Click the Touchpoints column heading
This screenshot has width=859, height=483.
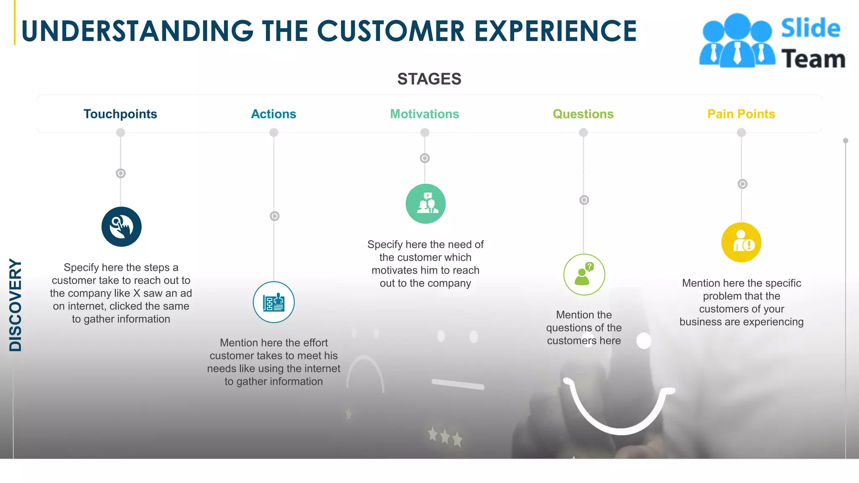pos(120,114)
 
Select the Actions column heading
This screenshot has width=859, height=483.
pos(273,114)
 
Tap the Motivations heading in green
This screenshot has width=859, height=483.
pos(424,114)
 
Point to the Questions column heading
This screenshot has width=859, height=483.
pos(583,114)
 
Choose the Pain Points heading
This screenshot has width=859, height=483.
pos(741,114)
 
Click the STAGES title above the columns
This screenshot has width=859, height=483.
pos(429,79)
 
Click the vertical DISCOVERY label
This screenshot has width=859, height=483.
pos(16,305)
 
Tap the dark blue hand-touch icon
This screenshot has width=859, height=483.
pos(121,227)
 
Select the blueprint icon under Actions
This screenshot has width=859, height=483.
pos(273,302)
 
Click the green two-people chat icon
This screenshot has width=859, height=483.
pos(425,204)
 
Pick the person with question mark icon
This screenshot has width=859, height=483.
pos(584,275)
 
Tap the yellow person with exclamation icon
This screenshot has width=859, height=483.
pos(741,242)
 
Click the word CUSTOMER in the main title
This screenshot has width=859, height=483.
pos(390,31)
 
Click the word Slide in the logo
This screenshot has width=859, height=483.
pos(810,29)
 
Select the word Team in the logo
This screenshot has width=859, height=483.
pos(813,59)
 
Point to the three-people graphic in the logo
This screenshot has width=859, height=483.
pos(737,41)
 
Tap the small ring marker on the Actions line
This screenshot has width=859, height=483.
pos(274,216)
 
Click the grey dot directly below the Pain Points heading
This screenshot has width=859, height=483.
pos(741,132)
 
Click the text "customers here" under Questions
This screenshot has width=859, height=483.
pos(583,340)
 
